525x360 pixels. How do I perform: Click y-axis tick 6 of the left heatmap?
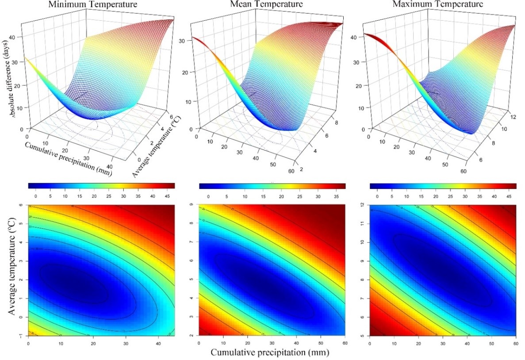pos(23,205)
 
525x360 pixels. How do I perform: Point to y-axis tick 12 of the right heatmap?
pos(363,205)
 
